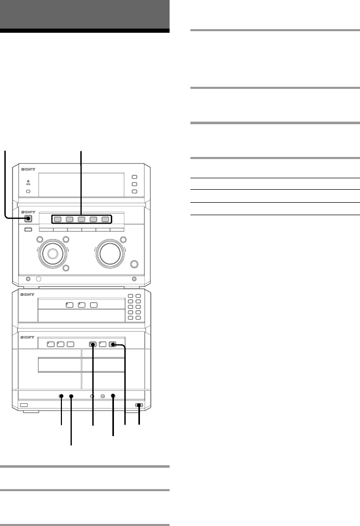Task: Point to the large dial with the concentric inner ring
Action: [x=52, y=254]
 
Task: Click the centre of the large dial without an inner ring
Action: [x=110, y=253]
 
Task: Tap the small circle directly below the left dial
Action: [x=66, y=269]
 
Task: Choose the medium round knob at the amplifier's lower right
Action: [x=135, y=264]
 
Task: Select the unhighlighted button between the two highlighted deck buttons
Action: [x=102, y=344]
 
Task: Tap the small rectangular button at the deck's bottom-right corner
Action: [x=139, y=405]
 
